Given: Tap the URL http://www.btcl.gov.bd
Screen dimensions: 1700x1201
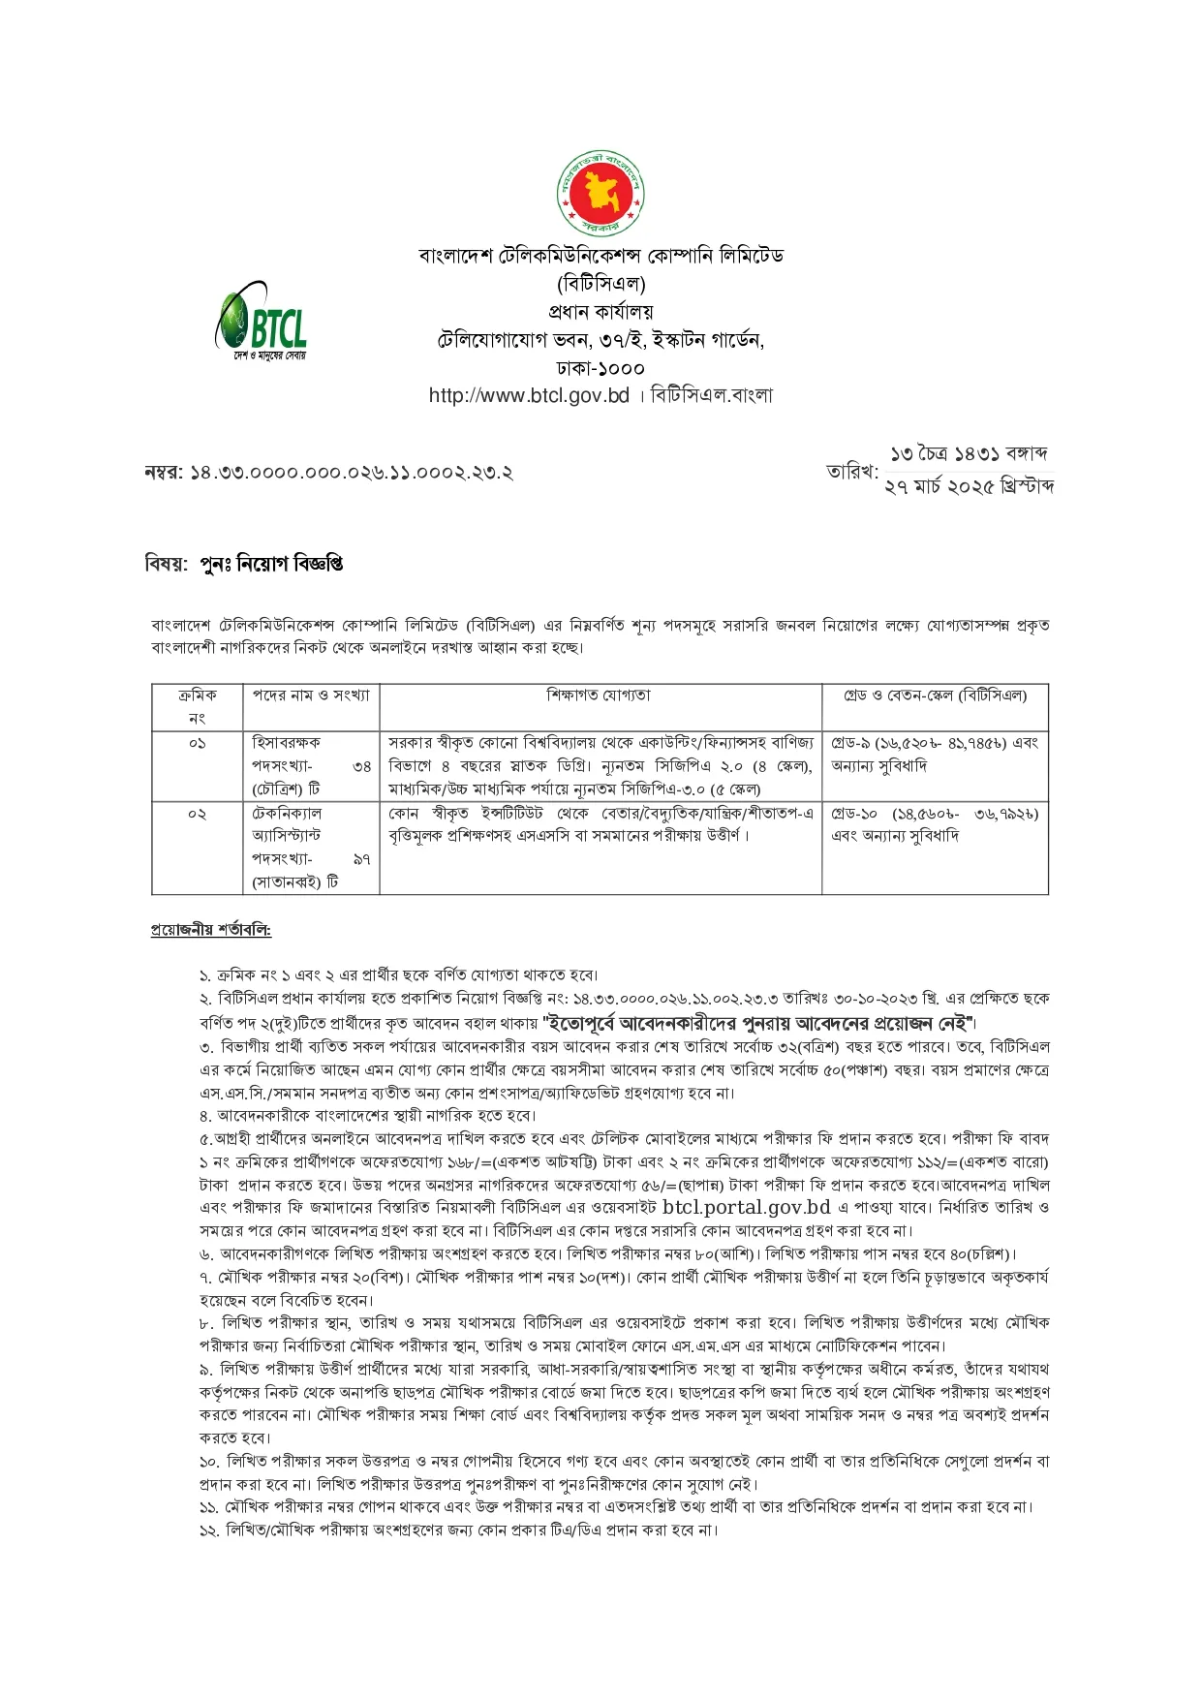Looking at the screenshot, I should [529, 395].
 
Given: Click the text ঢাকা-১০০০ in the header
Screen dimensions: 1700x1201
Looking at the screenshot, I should [600, 368].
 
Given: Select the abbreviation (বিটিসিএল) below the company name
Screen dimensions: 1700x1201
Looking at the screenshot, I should [600, 284].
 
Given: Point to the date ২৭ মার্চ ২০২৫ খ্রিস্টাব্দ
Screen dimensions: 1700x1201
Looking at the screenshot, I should [969, 486].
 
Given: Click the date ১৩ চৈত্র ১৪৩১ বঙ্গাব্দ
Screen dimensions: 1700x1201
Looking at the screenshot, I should [969, 453].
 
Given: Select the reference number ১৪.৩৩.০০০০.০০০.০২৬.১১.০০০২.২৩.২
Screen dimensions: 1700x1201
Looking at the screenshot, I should [351, 473].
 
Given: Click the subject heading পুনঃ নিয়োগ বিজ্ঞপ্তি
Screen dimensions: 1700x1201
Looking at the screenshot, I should [271, 564].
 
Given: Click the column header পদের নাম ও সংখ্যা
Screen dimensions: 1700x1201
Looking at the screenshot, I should [310, 695].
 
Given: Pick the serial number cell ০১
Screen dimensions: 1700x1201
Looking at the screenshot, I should [198, 743].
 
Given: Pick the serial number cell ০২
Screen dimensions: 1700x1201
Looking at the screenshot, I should [198, 814].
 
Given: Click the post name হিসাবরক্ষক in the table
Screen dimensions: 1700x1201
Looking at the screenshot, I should [286, 743].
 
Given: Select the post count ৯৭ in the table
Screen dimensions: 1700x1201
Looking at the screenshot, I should [361, 859].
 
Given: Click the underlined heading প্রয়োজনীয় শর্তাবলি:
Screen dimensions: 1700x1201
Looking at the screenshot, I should [210, 930].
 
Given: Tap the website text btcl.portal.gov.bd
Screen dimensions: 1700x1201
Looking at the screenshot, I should [747, 1207].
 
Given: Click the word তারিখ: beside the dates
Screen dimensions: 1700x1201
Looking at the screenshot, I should [851, 472].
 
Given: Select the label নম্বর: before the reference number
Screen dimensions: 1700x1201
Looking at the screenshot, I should [163, 473].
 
